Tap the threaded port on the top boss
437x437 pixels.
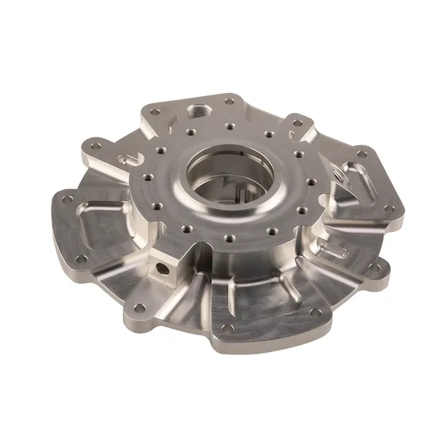(195, 107)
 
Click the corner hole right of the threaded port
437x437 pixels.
(229, 101)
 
